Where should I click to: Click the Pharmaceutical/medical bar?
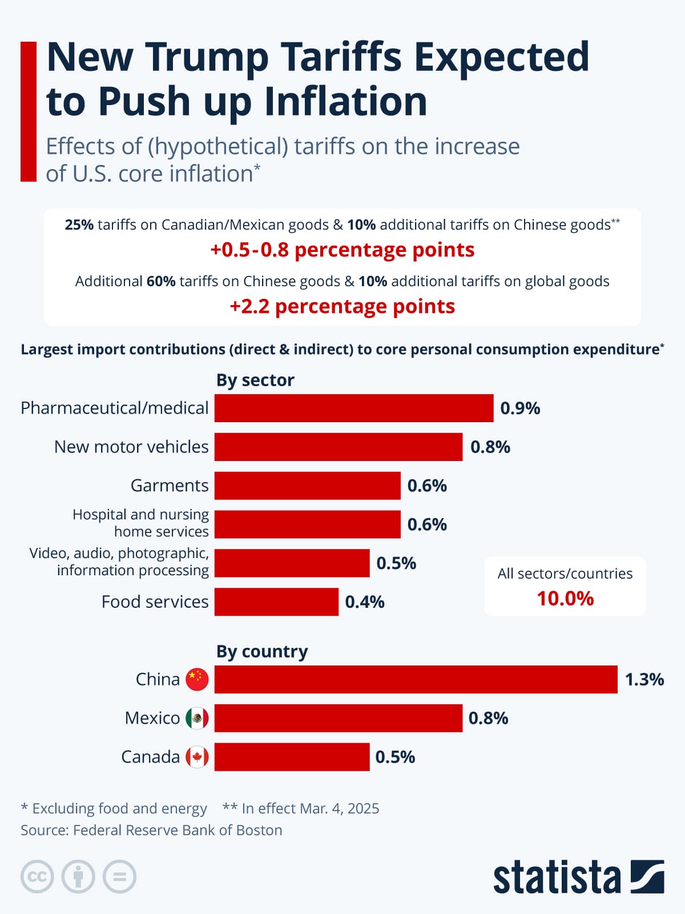354,408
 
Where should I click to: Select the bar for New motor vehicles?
339,447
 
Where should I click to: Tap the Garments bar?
308,486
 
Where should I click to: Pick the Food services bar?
276,602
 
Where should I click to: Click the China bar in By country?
416,679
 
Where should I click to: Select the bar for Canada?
292,757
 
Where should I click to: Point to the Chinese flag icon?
198,679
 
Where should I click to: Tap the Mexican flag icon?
198,718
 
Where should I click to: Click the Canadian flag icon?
198,757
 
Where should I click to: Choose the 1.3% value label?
644,679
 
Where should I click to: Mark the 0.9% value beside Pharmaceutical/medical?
520,408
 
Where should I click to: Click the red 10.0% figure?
565,599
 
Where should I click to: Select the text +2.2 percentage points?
342,307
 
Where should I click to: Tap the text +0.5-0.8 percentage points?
342,250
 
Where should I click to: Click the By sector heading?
255,380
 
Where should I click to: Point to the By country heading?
262,651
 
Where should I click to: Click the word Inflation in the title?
346,102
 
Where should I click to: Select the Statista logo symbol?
647,876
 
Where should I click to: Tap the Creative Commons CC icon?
37,876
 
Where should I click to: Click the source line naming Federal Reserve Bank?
151,830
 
